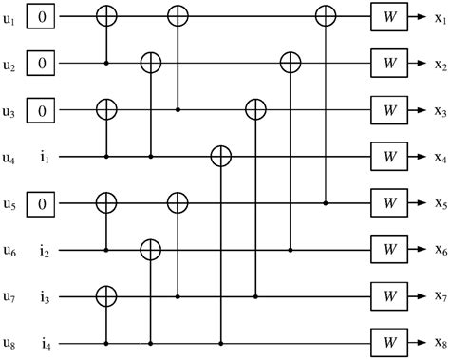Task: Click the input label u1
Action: [x=9, y=16]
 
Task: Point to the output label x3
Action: [x=439, y=110]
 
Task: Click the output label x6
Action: [x=439, y=251]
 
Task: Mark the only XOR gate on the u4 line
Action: [x=220, y=156]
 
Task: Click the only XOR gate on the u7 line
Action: [x=107, y=296]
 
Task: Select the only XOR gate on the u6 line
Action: [x=150, y=250]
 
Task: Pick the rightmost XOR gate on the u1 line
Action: [x=327, y=16]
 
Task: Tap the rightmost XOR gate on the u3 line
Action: [x=254, y=109]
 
